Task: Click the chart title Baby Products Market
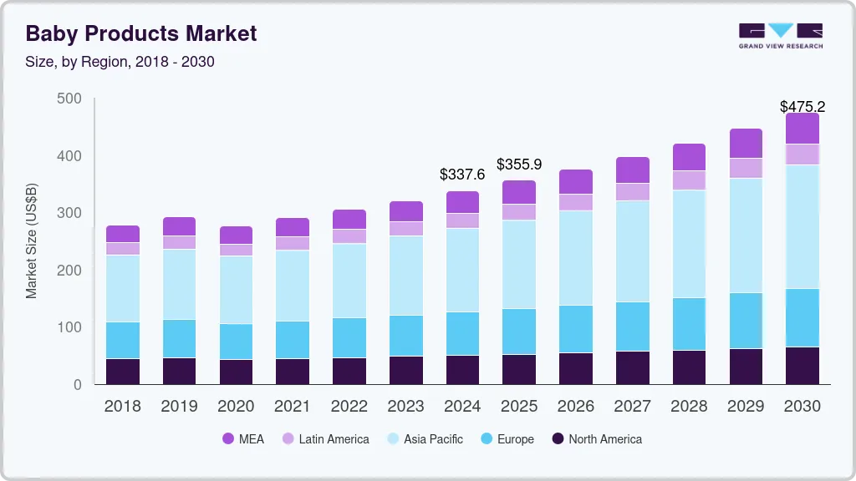click(x=141, y=33)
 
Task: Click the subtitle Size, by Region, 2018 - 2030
click(x=120, y=62)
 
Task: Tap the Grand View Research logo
click(x=780, y=35)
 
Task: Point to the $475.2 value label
click(x=802, y=107)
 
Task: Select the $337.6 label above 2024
click(x=462, y=175)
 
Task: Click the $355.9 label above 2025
click(x=519, y=165)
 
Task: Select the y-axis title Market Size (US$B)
click(x=32, y=241)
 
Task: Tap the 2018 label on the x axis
click(x=122, y=407)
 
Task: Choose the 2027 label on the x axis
click(x=632, y=407)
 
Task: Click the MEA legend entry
click(x=243, y=439)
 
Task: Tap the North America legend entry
click(x=596, y=439)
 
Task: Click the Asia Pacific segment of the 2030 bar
click(x=802, y=226)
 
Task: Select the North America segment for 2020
click(x=236, y=372)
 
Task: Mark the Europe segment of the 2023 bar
click(x=405, y=336)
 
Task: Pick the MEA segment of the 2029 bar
click(x=746, y=144)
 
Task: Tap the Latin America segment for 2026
click(x=576, y=202)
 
